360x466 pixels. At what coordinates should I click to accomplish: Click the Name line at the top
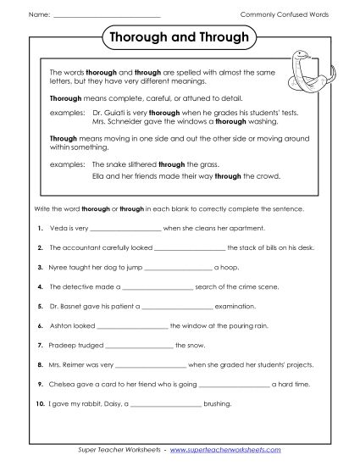(106, 16)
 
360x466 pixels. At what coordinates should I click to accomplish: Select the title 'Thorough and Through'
(180, 38)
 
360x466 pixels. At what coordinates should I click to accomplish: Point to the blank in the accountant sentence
(191, 248)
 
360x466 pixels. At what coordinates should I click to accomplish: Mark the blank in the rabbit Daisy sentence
(165, 403)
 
